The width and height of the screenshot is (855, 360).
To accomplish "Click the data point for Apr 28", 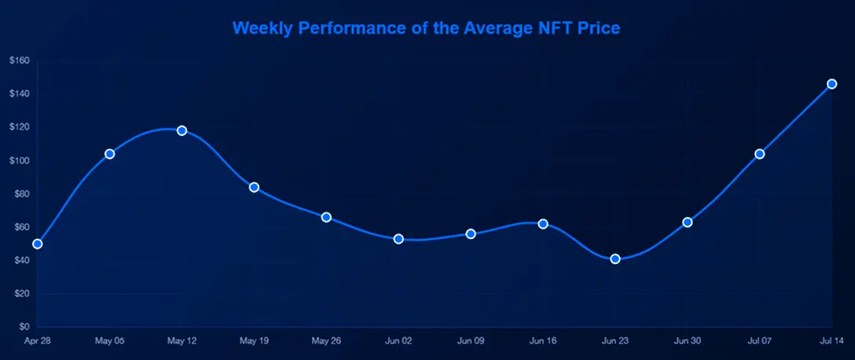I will tap(37, 244).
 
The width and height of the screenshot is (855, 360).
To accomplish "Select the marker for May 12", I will tap(182, 130).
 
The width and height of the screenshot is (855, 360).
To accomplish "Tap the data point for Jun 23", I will tap(615, 259).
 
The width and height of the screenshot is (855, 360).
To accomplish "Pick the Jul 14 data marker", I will tap(831, 84).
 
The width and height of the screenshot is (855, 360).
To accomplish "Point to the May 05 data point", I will tap(110, 154).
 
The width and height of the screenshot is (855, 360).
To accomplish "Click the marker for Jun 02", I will tap(398, 239).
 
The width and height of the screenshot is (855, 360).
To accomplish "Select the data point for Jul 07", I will tap(759, 154).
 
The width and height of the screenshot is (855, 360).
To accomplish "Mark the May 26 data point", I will tap(326, 217).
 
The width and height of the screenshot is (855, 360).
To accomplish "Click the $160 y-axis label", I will tap(20, 61).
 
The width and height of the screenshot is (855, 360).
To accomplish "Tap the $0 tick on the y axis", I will tap(24, 327).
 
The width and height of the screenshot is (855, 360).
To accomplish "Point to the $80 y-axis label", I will tap(21, 194).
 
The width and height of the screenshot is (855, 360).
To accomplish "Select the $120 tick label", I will tap(20, 127).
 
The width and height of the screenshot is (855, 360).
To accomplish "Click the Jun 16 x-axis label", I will tap(543, 341).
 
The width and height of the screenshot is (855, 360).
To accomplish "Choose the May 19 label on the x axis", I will tap(254, 341).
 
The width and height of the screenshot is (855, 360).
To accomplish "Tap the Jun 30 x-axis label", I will tap(688, 341).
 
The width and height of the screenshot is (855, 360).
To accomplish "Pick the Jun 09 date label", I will tap(471, 341).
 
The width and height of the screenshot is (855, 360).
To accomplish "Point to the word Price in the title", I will tap(598, 28).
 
